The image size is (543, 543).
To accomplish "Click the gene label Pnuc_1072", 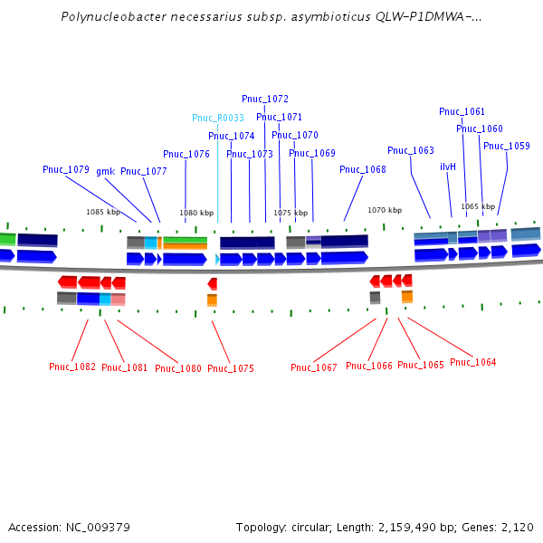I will [265, 99].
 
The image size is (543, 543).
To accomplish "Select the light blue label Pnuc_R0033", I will [218, 118].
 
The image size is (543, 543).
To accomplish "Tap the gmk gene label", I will [105, 171].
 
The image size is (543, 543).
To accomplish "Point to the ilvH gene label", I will [448, 167].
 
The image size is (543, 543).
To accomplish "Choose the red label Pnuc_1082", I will [72, 367].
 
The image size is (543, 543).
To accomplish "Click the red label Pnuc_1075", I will [231, 368].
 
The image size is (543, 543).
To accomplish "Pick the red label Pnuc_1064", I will [472, 362].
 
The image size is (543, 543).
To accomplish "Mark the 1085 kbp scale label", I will [103, 212].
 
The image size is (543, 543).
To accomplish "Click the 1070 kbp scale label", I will [384, 210].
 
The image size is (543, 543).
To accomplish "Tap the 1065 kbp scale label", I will [478, 206].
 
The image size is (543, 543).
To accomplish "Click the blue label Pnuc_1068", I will [363, 169].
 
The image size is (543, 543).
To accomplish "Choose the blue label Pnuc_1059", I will [507, 146].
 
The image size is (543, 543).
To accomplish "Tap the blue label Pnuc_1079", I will [66, 169].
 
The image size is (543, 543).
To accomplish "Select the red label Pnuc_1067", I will [314, 367].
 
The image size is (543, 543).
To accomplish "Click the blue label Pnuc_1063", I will [411, 150].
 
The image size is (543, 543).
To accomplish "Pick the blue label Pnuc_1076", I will [186, 154].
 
